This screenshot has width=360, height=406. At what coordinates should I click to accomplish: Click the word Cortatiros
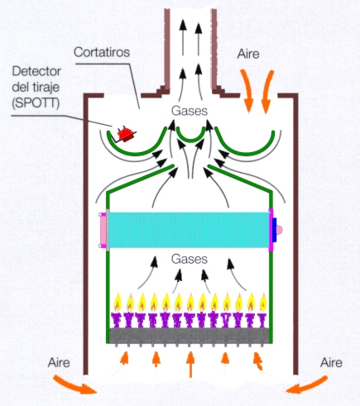[102, 52]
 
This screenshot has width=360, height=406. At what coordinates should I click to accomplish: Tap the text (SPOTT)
[36, 103]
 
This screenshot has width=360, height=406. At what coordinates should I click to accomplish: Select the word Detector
[36, 71]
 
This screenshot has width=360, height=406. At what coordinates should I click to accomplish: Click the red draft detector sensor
[126, 134]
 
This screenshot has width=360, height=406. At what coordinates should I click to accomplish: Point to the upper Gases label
[190, 111]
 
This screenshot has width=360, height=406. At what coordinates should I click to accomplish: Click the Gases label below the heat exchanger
[190, 259]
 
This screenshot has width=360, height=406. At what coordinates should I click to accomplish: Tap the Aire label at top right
[248, 54]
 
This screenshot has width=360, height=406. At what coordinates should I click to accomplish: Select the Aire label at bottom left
[59, 362]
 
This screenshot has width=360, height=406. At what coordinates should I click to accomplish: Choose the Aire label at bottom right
[331, 363]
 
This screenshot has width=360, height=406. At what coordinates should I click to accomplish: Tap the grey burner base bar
[189, 335]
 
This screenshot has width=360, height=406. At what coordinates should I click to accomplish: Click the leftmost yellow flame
[118, 303]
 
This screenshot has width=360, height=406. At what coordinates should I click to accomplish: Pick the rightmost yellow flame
[263, 303]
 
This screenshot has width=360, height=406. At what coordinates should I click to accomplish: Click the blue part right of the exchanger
[275, 230]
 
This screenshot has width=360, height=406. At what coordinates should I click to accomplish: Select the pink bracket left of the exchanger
[103, 231]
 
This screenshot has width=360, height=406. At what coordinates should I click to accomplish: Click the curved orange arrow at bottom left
[74, 385]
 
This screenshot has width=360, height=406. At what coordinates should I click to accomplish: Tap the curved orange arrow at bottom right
[308, 385]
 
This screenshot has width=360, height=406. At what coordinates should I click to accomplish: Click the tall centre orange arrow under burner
[190, 365]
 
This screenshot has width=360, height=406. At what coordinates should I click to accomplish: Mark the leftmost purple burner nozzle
[118, 320]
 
